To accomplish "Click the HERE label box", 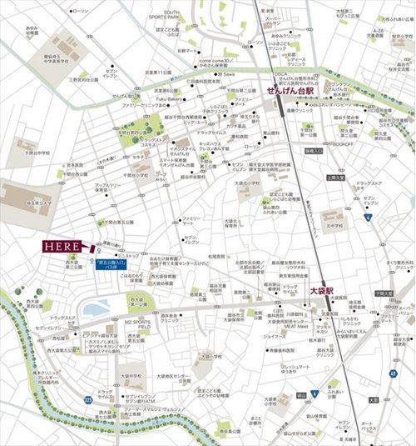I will click(62, 248).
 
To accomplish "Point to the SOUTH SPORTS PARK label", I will click(172, 16).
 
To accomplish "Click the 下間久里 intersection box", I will click(383, 293).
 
